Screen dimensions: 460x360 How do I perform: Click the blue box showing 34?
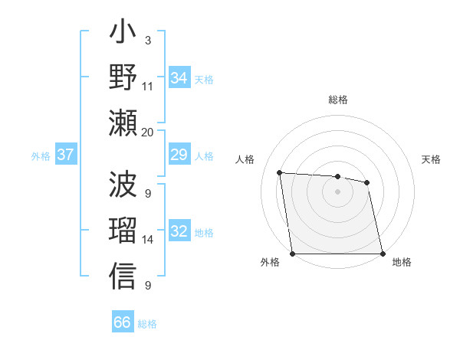click(x=179, y=77)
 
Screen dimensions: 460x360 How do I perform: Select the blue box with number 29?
click(x=179, y=155)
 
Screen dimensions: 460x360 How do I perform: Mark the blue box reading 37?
click(x=65, y=155)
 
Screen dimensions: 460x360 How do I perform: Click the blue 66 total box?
click(x=123, y=322)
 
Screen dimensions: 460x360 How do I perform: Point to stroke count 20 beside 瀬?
click(x=148, y=132)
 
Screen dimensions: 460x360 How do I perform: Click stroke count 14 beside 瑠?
click(x=148, y=240)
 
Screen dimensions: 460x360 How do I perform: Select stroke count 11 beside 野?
click(x=148, y=87)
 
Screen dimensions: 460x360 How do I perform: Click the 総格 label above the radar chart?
click(x=338, y=100)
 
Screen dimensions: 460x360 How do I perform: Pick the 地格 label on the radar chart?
click(x=402, y=263)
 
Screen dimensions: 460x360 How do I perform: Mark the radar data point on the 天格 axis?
click(x=367, y=182)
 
